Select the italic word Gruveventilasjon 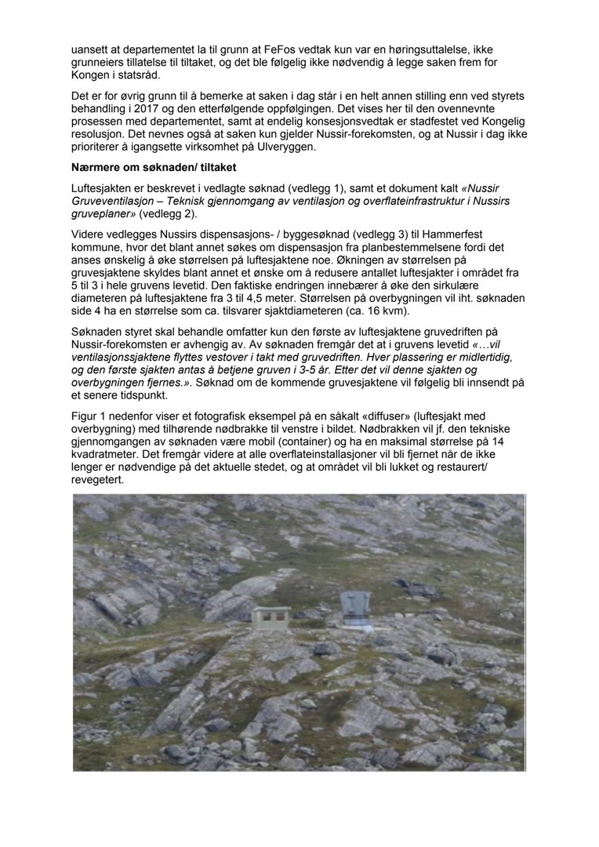[x=114, y=202]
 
